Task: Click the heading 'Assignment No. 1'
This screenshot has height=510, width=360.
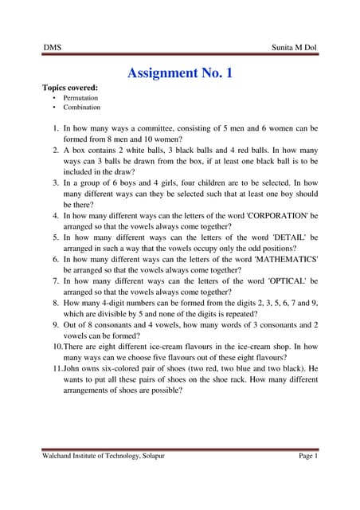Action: click(180, 73)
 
